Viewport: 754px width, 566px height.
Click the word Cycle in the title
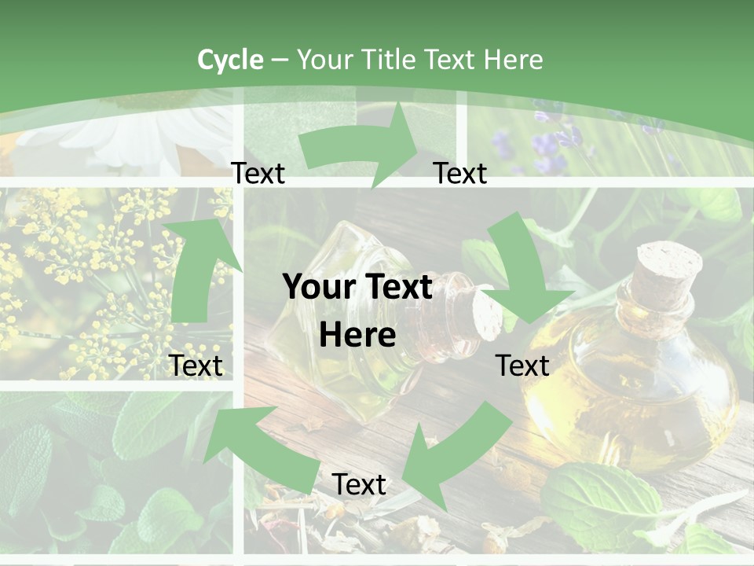pyautogui.click(x=230, y=60)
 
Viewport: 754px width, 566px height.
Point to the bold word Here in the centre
pyautogui.click(x=357, y=336)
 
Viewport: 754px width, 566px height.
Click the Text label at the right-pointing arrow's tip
pyautogui.click(x=460, y=173)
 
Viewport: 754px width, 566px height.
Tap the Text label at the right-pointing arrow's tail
pyautogui.click(x=258, y=173)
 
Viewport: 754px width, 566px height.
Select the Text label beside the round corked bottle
pyautogui.click(x=522, y=366)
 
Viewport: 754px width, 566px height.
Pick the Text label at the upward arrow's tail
pyautogui.click(x=196, y=366)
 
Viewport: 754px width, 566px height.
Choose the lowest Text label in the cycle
pyautogui.click(x=359, y=484)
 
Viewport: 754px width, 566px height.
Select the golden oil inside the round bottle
pyautogui.click(x=628, y=393)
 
